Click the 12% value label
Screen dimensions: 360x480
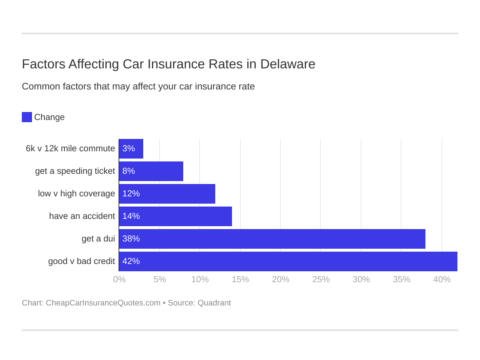pyautogui.click(x=131, y=194)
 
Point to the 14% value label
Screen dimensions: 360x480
pyautogui.click(x=131, y=216)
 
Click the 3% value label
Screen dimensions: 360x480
pyautogui.click(x=129, y=149)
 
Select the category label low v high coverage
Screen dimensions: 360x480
pyautogui.click(x=76, y=194)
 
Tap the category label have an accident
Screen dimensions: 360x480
pyautogui.click(x=82, y=216)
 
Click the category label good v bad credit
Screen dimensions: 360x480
pyautogui.click(x=81, y=261)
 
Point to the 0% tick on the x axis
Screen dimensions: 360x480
pyautogui.click(x=119, y=280)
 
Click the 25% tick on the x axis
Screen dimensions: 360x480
pyautogui.click(x=321, y=280)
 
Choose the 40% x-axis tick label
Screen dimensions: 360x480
pyautogui.click(x=442, y=280)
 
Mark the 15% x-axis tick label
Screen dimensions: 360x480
pyautogui.click(x=240, y=280)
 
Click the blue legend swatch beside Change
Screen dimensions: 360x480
pyautogui.click(x=27, y=117)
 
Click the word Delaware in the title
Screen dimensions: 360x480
pyautogui.click(x=288, y=64)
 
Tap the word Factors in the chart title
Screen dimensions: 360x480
pyautogui.click(x=44, y=64)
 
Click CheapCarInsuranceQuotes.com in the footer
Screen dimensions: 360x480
pyautogui.click(x=103, y=303)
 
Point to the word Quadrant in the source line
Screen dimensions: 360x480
pyautogui.click(x=214, y=303)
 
